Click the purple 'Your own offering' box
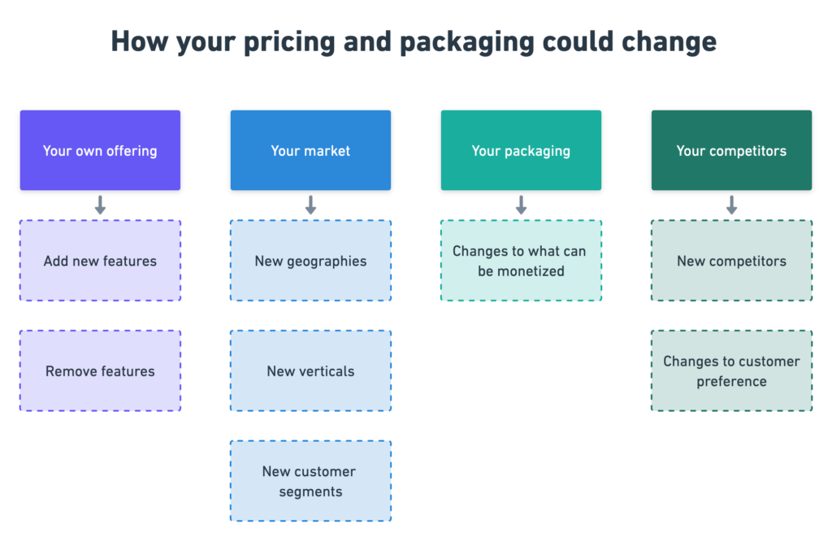click(x=100, y=150)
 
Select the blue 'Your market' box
click(x=310, y=150)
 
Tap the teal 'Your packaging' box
click(x=521, y=150)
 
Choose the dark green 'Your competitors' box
click(x=732, y=150)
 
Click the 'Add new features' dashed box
click(x=100, y=261)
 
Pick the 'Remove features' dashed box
click(x=100, y=370)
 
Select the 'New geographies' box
click(x=310, y=261)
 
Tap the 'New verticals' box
click(x=310, y=370)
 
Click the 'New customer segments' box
click(x=310, y=481)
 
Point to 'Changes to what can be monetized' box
click(x=521, y=261)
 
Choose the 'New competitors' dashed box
click(x=732, y=261)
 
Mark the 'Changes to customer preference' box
click(x=732, y=370)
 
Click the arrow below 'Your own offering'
click(x=100, y=205)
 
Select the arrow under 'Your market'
click(x=310, y=205)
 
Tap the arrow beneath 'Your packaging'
click(x=521, y=205)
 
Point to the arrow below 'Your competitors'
click(x=732, y=205)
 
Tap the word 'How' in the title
click(x=140, y=41)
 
